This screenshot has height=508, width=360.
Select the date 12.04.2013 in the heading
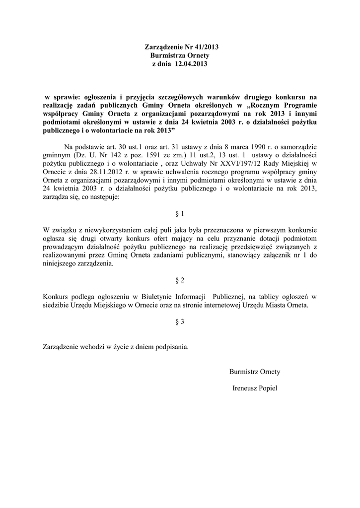pos(191,64)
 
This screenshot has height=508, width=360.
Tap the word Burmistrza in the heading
pos(166,56)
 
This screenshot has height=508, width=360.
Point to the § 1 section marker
pos(180,214)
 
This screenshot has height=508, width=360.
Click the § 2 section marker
pos(180,280)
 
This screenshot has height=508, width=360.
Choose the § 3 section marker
pos(180,321)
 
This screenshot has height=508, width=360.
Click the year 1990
pos(256,147)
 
